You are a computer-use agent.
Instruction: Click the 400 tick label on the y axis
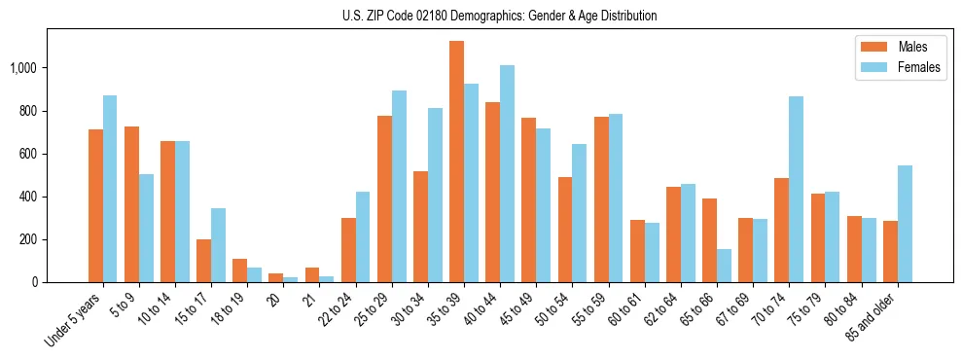click(27, 197)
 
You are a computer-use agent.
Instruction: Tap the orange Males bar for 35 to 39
click(456, 162)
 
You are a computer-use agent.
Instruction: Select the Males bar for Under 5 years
click(95, 205)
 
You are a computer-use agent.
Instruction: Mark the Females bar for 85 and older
click(905, 224)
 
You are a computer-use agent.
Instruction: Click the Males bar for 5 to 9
click(131, 204)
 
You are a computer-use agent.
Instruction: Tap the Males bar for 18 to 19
click(239, 270)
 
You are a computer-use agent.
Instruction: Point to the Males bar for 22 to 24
click(348, 250)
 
